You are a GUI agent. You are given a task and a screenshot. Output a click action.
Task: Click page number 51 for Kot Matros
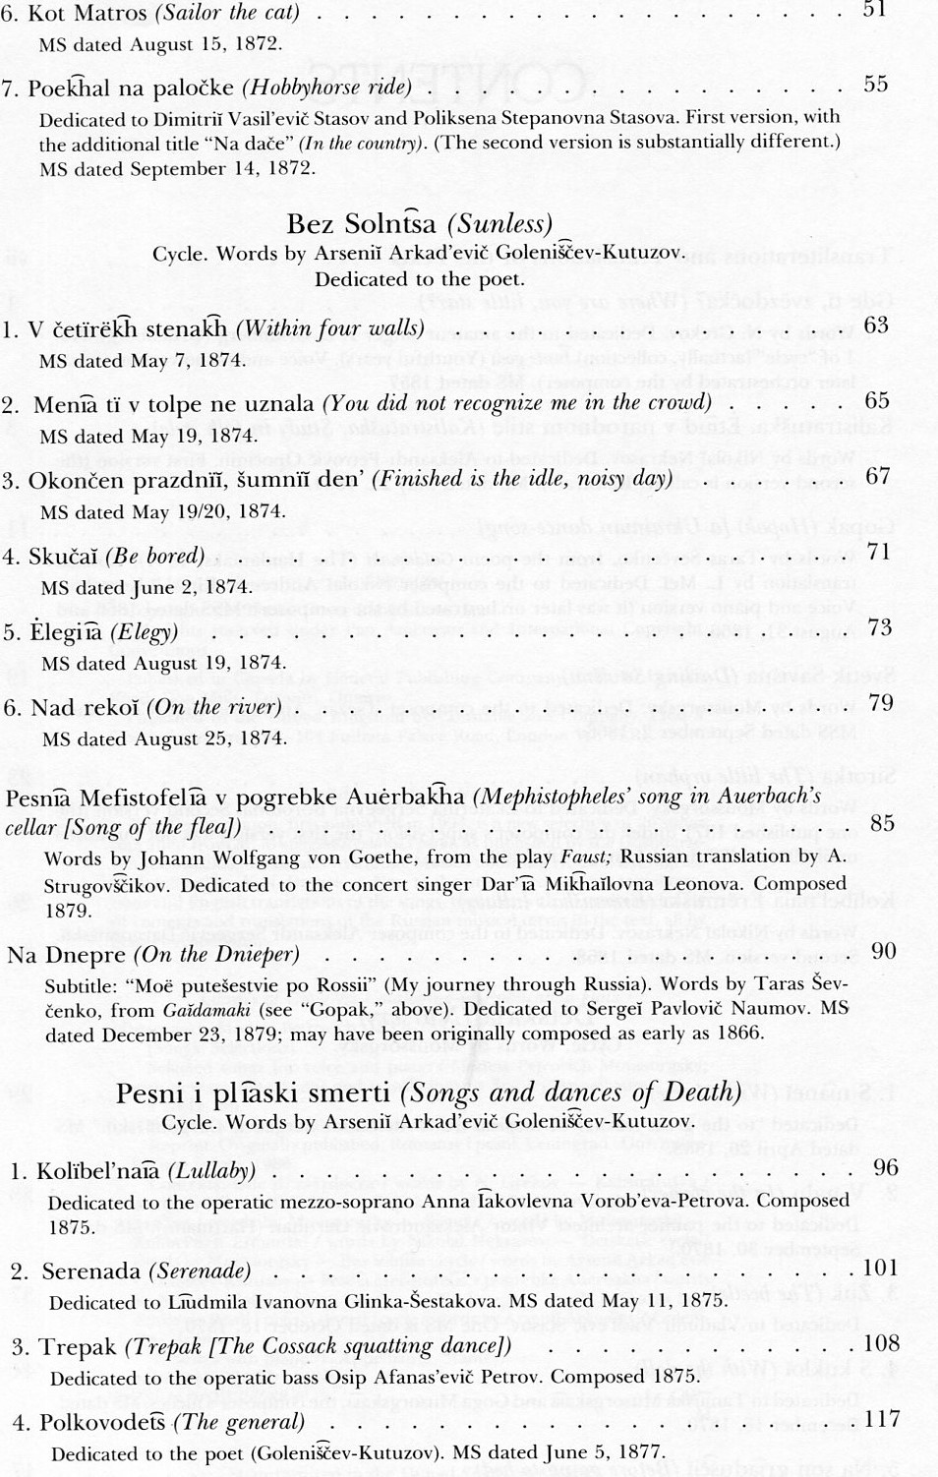point(874,10)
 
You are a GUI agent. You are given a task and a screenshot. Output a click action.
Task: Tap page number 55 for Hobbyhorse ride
point(875,85)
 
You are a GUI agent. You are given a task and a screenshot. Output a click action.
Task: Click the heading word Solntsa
point(389,224)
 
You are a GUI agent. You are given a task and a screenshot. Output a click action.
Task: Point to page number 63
point(875,325)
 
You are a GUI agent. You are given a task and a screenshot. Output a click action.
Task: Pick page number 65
point(876,400)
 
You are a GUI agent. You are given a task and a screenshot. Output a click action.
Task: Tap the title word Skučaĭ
point(62,557)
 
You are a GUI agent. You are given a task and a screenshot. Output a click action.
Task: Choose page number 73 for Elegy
point(879,627)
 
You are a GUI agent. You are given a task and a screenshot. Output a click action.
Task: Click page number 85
point(881,823)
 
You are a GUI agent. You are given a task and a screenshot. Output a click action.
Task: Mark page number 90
point(883,950)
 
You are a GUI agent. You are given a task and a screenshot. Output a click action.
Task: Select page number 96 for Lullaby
point(885,1167)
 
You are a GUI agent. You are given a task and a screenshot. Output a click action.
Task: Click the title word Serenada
point(90,1271)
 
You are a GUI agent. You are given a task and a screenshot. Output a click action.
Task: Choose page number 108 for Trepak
point(880,1343)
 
